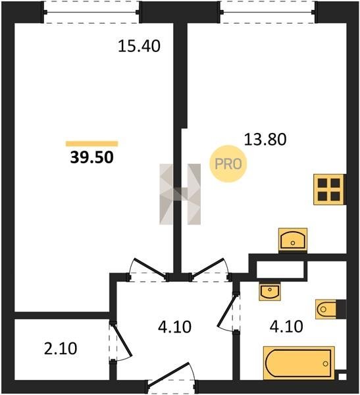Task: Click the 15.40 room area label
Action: coord(139,46)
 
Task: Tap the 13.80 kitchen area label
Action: coord(265,140)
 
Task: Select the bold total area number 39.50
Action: coord(92,158)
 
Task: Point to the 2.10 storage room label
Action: coord(61,349)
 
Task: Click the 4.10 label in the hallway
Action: coord(175,327)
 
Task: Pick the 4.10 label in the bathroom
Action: coord(286,327)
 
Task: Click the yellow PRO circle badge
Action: coord(228,164)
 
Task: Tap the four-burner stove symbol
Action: coord(328,189)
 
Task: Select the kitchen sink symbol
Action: coord(293,240)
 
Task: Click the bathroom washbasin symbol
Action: coord(270,292)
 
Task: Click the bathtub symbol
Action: coord(299,363)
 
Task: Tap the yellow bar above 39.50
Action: coord(92,144)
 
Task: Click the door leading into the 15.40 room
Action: coord(148,269)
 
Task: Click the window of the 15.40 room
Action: coord(91,12)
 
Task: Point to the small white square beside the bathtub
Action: coord(342,377)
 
